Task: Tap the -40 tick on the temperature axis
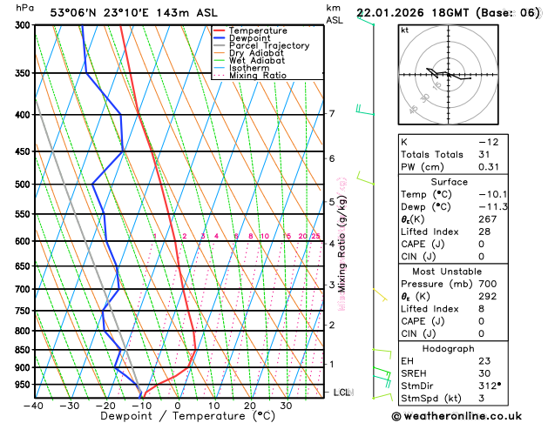(x=34, y=406)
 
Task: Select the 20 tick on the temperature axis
(x=249, y=406)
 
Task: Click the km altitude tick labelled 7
(x=331, y=114)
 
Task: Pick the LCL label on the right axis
(x=342, y=393)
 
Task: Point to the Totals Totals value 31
(x=484, y=154)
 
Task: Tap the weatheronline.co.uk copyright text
(x=468, y=416)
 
